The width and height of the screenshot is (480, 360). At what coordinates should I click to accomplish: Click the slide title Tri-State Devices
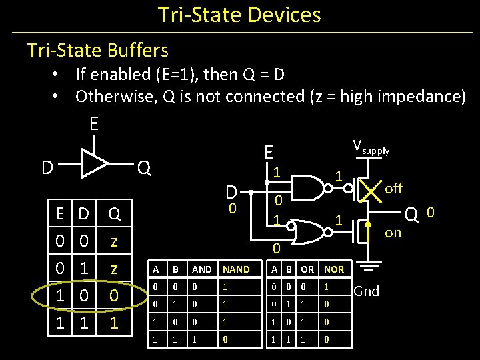(239, 15)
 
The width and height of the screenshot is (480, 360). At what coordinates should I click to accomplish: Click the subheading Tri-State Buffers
(97, 50)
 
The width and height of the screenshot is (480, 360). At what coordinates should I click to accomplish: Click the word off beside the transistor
(393, 188)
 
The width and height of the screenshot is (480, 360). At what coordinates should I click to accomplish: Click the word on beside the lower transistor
(393, 233)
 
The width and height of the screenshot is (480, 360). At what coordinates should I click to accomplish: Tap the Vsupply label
(370, 147)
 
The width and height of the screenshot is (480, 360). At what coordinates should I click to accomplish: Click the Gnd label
(366, 291)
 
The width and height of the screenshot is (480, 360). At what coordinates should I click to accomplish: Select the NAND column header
(236, 269)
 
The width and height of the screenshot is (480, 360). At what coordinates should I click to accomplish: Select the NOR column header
(333, 269)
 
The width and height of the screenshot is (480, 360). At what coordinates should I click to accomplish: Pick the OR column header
(307, 269)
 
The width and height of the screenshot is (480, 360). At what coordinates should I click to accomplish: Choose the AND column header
(201, 269)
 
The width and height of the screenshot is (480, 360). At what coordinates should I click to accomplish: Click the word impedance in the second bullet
(421, 97)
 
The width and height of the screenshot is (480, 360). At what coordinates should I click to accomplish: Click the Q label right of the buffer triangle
(143, 167)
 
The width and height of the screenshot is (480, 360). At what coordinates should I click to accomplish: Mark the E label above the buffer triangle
(94, 124)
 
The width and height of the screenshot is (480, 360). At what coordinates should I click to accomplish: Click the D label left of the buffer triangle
(47, 167)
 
